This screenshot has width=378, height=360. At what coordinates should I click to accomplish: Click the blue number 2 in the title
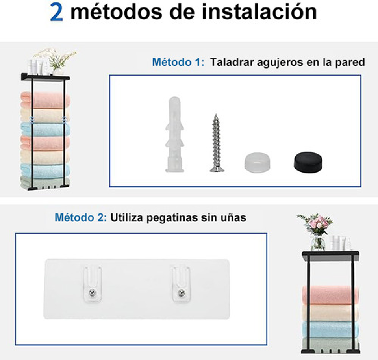click(56, 12)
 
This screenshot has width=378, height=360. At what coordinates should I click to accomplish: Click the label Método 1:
click(178, 62)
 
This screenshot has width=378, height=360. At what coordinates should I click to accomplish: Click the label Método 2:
click(80, 217)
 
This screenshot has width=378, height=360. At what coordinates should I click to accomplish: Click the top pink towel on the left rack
click(45, 100)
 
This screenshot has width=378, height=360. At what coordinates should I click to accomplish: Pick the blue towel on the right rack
click(330, 329)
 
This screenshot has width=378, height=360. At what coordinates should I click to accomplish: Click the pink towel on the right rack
click(330, 295)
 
